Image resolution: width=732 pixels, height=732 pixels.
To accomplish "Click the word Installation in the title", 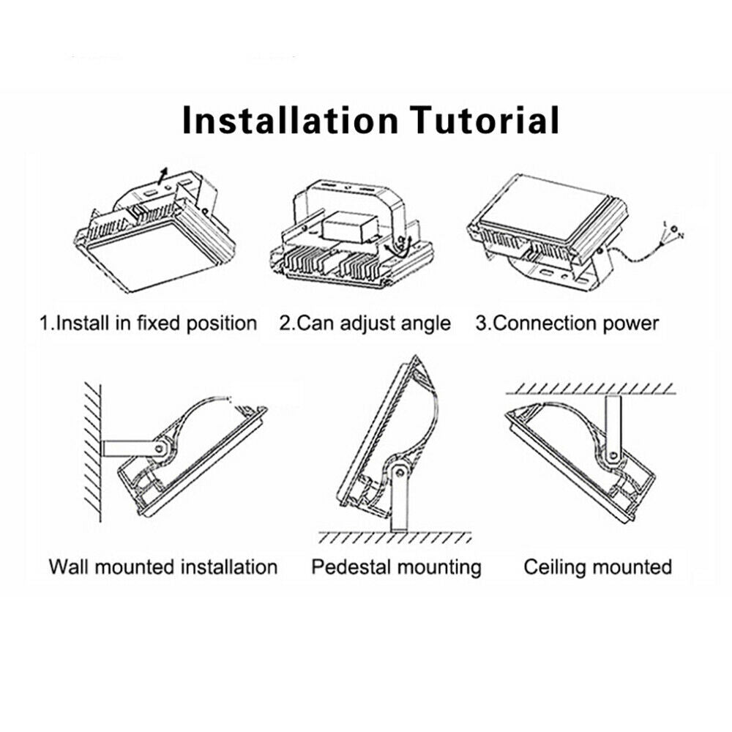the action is [289, 120].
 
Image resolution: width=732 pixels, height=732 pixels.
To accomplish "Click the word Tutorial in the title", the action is [484, 120].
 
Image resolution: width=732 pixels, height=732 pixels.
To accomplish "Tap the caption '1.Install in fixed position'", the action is [148, 324].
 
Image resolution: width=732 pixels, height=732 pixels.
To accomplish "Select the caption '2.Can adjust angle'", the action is [365, 324].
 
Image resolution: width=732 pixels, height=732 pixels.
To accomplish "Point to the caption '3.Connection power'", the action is [567, 324].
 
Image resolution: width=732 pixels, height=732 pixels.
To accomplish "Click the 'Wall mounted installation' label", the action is [163, 567].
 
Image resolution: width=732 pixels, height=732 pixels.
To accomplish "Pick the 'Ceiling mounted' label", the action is [597, 567].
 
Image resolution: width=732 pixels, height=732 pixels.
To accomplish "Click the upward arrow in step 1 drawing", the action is [162, 176].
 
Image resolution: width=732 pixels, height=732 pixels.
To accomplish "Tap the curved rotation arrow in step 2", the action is [400, 248].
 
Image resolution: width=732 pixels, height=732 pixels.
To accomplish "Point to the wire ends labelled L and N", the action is [673, 232].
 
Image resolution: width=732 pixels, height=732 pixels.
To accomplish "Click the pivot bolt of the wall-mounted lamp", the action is [160, 449].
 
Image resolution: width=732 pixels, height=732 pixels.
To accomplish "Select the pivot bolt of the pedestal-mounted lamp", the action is [400, 473].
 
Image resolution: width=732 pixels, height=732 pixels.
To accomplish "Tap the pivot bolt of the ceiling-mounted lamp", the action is [613, 455].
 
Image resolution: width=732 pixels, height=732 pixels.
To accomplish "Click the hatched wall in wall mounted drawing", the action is [92, 452].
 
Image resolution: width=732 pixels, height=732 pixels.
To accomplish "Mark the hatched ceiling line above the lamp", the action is [591, 389].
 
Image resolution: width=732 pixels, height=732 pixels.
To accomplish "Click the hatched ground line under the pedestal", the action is [395, 537].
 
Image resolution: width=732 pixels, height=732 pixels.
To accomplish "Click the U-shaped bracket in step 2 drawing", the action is [348, 206].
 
